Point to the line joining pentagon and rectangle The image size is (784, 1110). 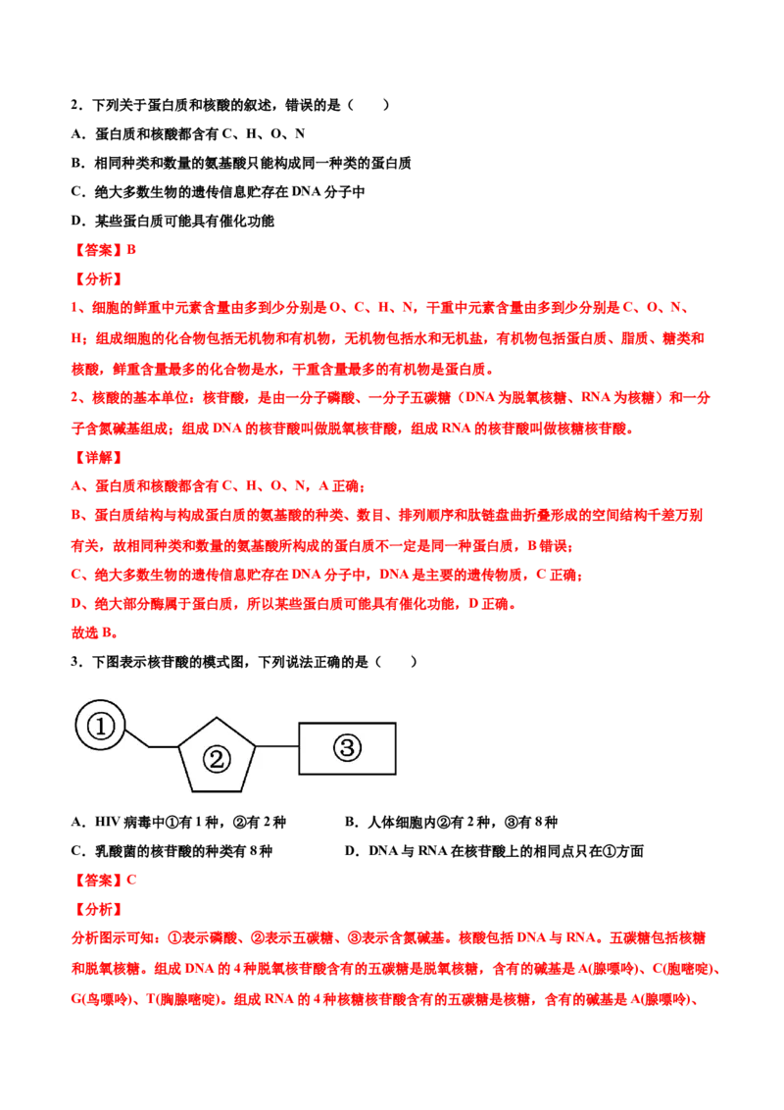(276, 746)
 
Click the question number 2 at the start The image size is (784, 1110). (75, 105)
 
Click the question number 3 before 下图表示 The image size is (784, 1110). (75, 662)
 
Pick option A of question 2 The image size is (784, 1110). (188, 133)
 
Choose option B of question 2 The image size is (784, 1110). (241, 163)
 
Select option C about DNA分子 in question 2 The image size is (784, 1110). (218, 192)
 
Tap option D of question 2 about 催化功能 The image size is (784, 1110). (172, 221)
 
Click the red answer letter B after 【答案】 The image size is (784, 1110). (131, 250)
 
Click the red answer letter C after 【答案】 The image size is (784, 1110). (131, 880)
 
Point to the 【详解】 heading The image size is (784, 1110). (98, 457)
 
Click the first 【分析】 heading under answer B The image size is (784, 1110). (98, 278)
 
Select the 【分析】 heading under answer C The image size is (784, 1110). (98, 909)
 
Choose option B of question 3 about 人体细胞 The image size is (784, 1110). (452, 822)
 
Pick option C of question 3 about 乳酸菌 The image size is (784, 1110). (171, 851)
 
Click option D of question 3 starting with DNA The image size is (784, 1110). (494, 851)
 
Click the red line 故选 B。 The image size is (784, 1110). (95, 632)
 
